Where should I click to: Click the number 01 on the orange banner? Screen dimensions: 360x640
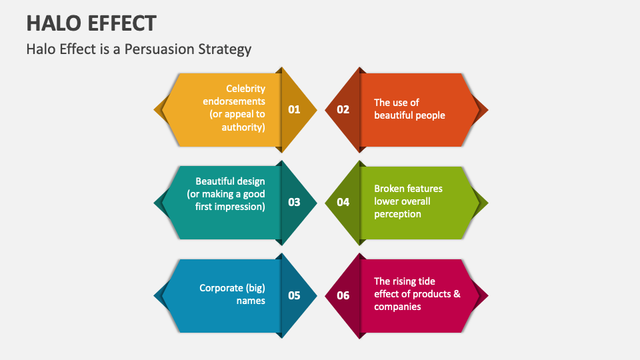click(x=294, y=109)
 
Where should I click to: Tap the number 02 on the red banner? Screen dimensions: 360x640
click(x=343, y=109)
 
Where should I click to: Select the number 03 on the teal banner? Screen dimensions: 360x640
click(x=294, y=202)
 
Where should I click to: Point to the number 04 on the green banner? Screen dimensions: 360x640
click(x=343, y=202)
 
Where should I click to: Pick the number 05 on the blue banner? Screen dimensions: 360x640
click(x=294, y=295)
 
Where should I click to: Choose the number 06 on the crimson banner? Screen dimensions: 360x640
click(x=343, y=295)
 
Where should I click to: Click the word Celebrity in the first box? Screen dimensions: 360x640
click(x=245, y=89)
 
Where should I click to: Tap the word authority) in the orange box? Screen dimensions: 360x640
click(x=243, y=127)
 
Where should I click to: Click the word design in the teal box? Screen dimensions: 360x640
click(x=249, y=181)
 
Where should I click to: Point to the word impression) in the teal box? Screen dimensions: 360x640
click(x=240, y=207)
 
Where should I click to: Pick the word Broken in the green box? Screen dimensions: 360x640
click(x=390, y=189)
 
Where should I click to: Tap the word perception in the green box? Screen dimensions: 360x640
click(x=397, y=214)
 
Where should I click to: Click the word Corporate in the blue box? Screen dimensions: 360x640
click(x=222, y=288)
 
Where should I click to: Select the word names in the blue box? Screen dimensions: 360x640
click(x=251, y=301)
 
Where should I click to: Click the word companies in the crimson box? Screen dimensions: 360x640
click(x=397, y=307)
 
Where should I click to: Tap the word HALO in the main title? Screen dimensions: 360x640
click(x=50, y=24)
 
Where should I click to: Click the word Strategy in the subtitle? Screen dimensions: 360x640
click(x=230, y=49)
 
